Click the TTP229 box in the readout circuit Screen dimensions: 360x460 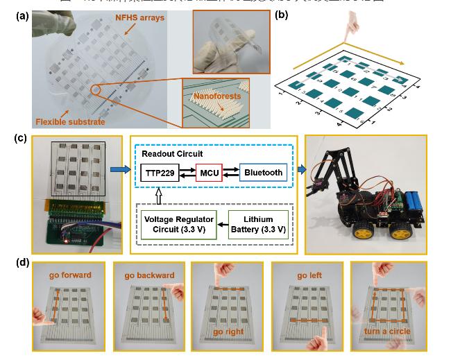(x=160, y=173)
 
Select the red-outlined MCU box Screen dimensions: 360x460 (x=208, y=173)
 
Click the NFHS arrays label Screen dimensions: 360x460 (x=141, y=17)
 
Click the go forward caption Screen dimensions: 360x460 (x=69, y=275)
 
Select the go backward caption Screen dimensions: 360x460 (x=149, y=275)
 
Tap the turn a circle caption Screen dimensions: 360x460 (x=387, y=332)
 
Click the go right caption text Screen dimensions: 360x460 (x=228, y=332)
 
